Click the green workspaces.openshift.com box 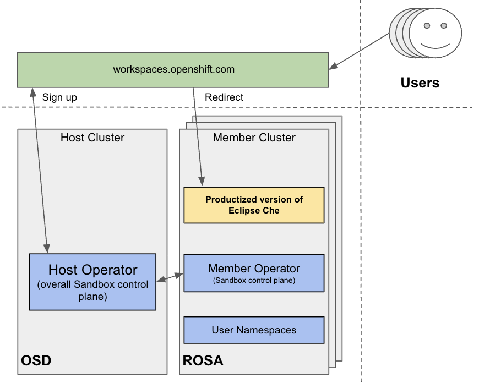coord(173,70)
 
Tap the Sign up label coord(59,97)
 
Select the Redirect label coord(224,97)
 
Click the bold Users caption coord(420,83)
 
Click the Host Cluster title coord(92,138)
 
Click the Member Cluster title coord(254,138)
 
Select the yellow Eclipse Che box coord(254,205)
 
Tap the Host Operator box coord(92,281)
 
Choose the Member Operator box coord(254,273)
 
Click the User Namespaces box coord(254,330)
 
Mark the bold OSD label coord(36,362)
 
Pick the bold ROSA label coord(203,362)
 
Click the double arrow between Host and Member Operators coord(170,278)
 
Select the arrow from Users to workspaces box coord(361,51)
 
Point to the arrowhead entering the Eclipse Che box coord(203,182)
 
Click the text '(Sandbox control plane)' coord(254,281)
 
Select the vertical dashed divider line coord(361,220)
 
